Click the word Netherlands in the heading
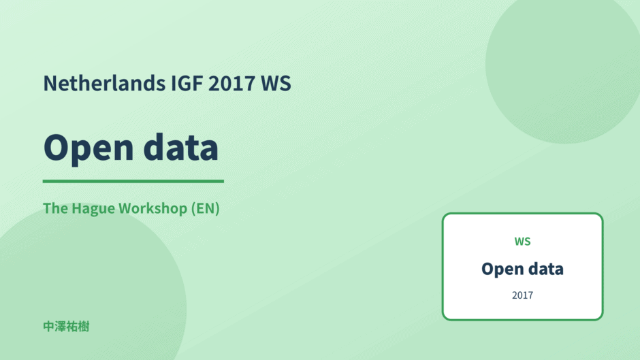click(104, 83)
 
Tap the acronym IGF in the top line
click(187, 83)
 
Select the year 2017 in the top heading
click(232, 83)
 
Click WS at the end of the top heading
click(276, 83)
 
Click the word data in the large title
click(181, 147)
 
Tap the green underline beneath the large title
click(133, 181)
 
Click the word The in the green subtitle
click(56, 208)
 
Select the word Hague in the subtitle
click(93, 209)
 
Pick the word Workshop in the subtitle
click(153, 209)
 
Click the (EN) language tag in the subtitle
click(206, 208)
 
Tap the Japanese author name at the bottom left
click(66, 327)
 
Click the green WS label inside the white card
click(522, 241)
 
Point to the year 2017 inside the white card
click(522, 295)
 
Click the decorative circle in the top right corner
click(563, 65)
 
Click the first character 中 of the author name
click(49, 327)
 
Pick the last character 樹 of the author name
click(84, 327)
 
